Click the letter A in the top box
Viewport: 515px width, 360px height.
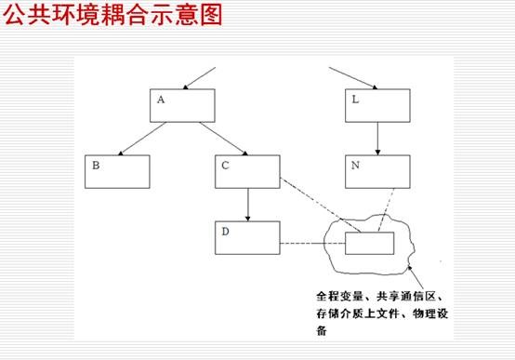coord(161,100)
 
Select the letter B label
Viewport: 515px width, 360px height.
coord(96,165)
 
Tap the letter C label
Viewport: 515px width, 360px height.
coord(225,165)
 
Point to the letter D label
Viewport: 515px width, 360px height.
coord(225,232)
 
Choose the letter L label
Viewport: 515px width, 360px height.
coord(355,100)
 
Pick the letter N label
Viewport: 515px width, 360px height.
coord(355,165)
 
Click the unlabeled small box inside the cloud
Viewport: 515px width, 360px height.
coord(369,244)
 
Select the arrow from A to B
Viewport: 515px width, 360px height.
coord(142,139)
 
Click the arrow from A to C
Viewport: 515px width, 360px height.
coord(224,139)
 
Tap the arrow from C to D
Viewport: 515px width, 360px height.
coord(247,205)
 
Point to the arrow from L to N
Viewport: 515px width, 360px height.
coord(377,139)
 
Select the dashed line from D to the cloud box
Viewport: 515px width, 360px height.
coord(312,244)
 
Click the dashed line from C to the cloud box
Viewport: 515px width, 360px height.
coord(320,205)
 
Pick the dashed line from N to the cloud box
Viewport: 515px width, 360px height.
coord(386,210)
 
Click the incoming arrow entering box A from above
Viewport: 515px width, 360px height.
coord(199,78)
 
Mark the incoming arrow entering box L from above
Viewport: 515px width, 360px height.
coord(353,78)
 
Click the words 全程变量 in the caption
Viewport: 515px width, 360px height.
coord(339,296)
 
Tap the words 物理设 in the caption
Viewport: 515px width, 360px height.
coord(430,313)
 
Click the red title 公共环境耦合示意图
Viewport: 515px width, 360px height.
coord(113,15)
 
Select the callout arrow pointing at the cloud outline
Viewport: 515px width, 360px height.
coord(416,277)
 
